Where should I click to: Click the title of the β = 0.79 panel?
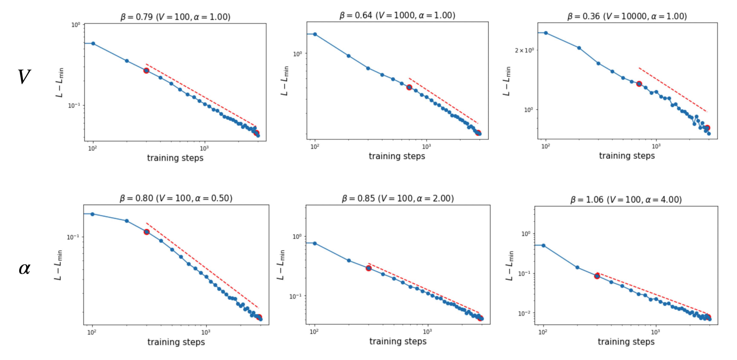point(175,17)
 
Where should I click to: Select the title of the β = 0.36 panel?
point(627,16)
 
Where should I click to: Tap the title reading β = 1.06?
point(626,199)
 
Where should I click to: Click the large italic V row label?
point(24,77)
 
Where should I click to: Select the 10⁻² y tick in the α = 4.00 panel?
point(524,313)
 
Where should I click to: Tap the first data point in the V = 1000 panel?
point(315,34)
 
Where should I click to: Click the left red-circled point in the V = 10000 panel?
point(639,84)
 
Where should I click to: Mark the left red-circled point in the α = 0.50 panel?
point(146,232)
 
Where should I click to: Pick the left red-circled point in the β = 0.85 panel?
point(368,268)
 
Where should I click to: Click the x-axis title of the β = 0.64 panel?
point(397,156)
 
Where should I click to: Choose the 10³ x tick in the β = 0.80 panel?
point(205,332)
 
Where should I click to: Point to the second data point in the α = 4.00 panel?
point(577,267)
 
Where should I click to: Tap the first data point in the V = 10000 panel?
point(546,33)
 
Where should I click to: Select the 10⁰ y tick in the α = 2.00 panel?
point(297,236)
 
